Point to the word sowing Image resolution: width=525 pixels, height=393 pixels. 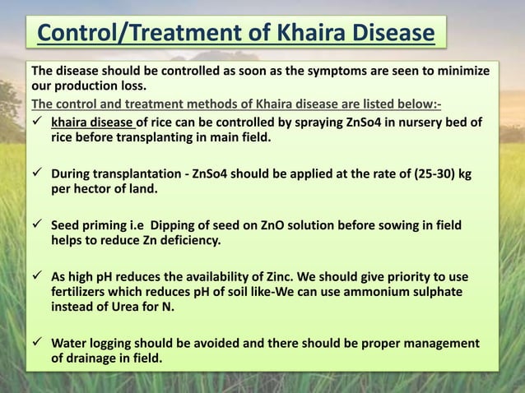tap(394, 226)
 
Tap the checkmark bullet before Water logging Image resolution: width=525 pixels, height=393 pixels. tap(38, 342)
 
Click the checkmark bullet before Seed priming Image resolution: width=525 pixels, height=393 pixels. tap(38, 226)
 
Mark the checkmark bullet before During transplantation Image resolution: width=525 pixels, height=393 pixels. tap(38, 177)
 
